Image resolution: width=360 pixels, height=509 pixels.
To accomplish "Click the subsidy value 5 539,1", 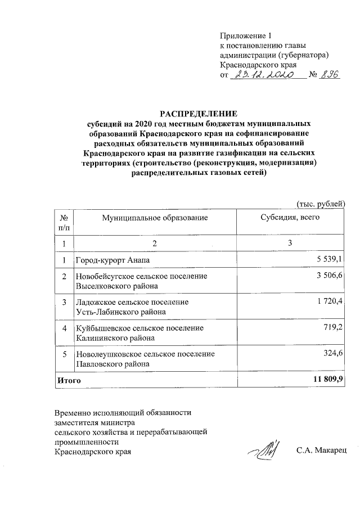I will pos(331,259).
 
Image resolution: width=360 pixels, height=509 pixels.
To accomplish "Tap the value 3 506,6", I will pos(331,276).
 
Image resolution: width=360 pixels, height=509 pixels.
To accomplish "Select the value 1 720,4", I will pos(331,302).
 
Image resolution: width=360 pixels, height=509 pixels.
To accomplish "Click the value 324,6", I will pos(334,354).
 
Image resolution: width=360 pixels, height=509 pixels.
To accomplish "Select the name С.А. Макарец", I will pos(322,451).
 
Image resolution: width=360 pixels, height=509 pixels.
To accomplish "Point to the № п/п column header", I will pos(64,222).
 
